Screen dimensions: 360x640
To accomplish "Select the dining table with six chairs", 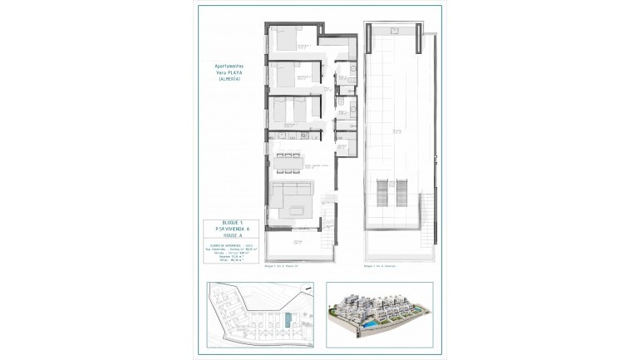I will pyautogui.click(x=290, y=155).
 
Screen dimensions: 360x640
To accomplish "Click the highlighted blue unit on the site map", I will pyautogui.click(x=288, y=320).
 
